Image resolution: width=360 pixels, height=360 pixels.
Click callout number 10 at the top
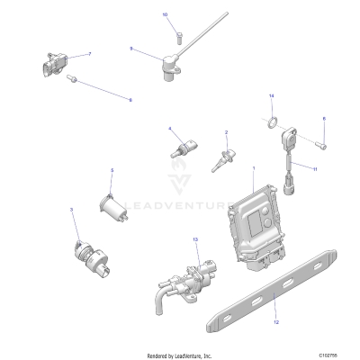point(165,16)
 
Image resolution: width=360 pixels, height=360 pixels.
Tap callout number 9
point(131,49)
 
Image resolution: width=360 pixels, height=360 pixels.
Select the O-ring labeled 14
point(271,120)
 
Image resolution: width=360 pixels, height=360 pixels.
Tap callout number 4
point(169,130)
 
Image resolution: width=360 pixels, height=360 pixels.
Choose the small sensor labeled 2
point(218,160)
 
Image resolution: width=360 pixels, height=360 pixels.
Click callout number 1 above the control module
point(254,167)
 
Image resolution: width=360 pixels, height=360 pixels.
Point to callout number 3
point(71,210)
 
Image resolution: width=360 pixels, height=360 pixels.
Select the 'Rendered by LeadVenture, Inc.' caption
point(180,354)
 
